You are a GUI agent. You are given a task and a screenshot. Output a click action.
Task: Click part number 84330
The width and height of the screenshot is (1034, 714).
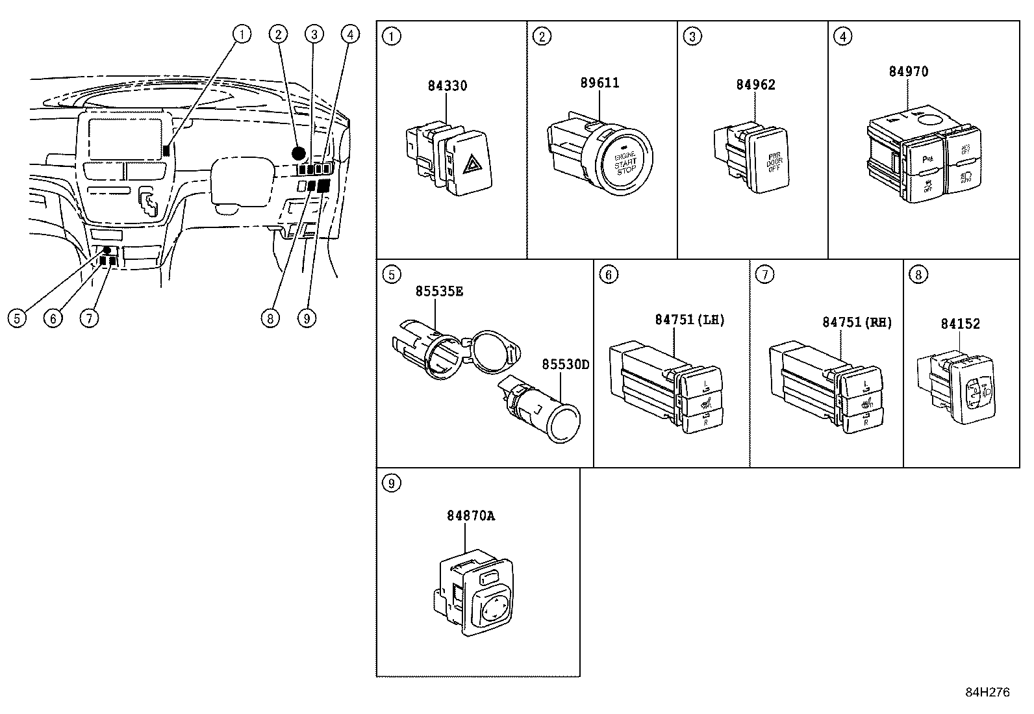447,86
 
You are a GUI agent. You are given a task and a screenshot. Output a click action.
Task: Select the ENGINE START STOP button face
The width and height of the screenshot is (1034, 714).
625,160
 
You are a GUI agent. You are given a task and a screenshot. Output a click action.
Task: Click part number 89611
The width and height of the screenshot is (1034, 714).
599,83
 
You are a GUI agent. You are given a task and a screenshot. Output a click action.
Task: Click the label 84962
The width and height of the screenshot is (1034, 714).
755,85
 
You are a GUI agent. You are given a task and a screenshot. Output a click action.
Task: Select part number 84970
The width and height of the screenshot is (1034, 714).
908,71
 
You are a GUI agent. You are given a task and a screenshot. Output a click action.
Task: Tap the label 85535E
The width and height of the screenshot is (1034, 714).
439,292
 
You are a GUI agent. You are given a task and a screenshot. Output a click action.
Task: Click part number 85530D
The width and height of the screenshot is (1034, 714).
565,364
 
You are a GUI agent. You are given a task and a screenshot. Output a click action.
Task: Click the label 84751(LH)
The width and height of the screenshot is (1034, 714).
689,320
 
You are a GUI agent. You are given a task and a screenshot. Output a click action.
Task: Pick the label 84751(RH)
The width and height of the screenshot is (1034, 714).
857,322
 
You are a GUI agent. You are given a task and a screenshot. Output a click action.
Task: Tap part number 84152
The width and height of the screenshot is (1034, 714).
960,324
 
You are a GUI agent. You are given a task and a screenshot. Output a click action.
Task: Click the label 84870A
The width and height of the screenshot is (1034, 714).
470,516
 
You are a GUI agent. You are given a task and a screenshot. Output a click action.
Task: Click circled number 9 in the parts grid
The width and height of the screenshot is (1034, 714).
391,483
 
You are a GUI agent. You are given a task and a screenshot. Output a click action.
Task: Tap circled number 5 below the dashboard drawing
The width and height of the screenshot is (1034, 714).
18,318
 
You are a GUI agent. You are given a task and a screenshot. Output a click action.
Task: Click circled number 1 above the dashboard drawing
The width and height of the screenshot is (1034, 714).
241,34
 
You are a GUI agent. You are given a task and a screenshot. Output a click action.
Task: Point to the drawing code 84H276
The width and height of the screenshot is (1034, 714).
987,693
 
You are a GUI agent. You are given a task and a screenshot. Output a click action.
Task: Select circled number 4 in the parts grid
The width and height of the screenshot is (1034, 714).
842,36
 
